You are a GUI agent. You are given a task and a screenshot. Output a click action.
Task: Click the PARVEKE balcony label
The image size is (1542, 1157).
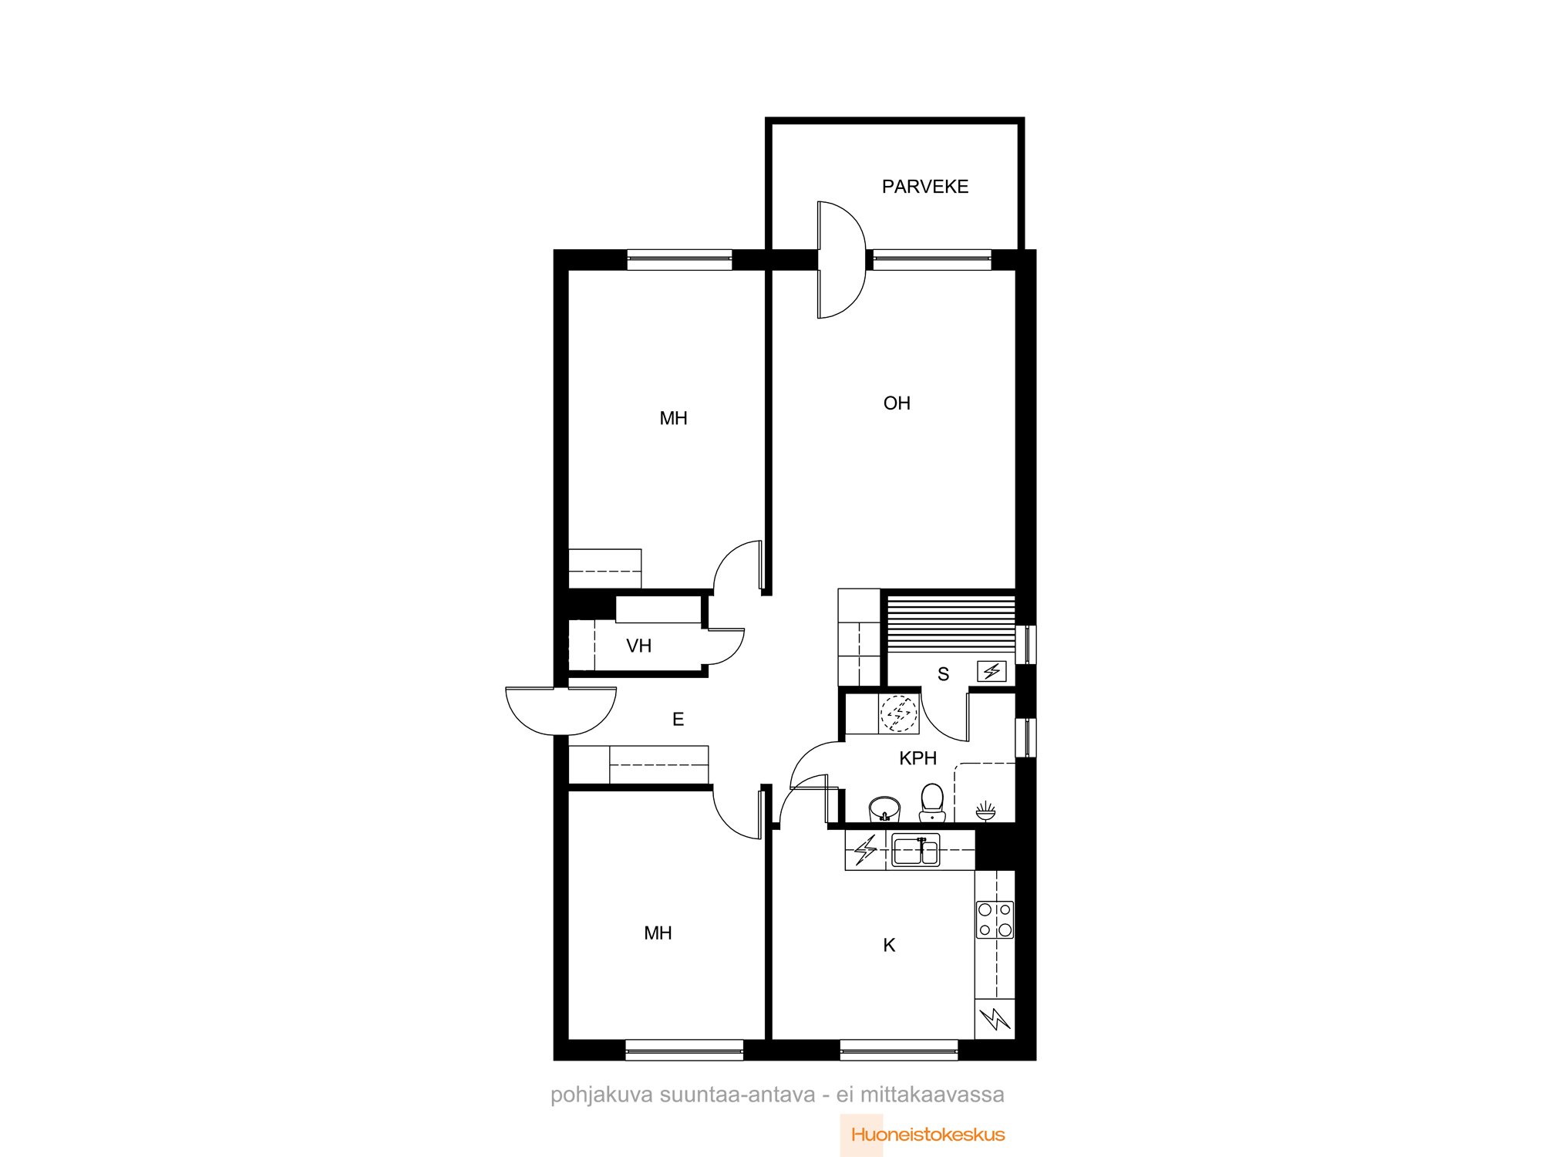(925, 187)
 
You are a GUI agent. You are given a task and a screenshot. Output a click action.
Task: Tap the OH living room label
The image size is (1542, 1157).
(897, 403)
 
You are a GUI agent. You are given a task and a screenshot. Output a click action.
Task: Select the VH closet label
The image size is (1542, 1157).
(638, 646)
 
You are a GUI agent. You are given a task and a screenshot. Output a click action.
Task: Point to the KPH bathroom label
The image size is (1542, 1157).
(917, 758)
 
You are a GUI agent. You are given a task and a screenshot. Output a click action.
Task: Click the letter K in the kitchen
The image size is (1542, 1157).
(889, 946)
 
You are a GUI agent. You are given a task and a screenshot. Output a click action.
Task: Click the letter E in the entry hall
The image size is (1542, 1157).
(678, 720)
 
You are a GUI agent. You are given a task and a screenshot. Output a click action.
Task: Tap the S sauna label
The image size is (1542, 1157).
(943, 675)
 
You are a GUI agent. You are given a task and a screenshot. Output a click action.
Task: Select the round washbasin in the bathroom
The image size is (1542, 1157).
(884, 809)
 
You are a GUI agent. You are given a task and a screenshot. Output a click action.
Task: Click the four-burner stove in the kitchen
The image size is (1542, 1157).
(995, 920)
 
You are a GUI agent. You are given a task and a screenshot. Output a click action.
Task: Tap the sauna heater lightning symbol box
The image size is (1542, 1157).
(992, 671)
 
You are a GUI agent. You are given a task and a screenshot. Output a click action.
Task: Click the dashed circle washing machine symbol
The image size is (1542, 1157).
(899, 713)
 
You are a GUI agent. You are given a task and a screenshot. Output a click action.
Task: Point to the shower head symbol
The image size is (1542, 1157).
(985, 810)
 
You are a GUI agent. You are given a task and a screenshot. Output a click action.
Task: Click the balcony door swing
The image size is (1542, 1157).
(841, 260)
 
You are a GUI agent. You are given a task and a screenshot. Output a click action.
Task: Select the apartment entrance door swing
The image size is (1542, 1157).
(561, 710)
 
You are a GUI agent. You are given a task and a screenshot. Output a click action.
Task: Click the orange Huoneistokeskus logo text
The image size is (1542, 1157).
(928, 1135)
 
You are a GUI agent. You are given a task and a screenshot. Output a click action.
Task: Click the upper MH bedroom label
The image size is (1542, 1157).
(673, 419)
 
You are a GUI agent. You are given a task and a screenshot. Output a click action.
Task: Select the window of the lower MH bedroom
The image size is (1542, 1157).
(685, 1050)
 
